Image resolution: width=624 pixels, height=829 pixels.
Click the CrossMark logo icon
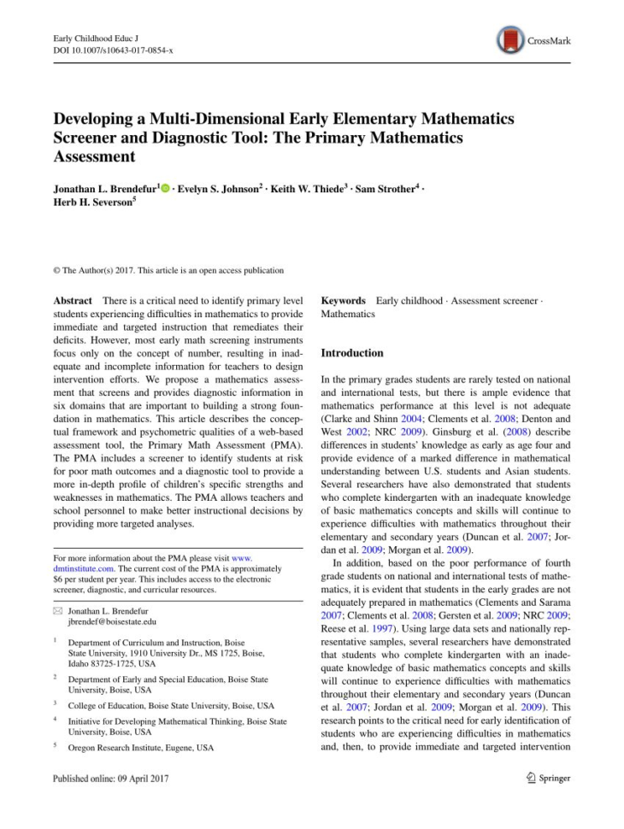[509, 39]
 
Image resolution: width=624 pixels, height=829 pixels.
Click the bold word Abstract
[74, 301]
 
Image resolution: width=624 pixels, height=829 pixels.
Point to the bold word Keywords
[343, 301]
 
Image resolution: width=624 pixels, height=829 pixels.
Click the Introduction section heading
[352, 353]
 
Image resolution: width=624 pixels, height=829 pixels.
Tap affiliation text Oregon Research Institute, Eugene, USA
[141, 748]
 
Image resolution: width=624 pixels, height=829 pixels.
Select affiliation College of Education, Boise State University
[171, 706]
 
